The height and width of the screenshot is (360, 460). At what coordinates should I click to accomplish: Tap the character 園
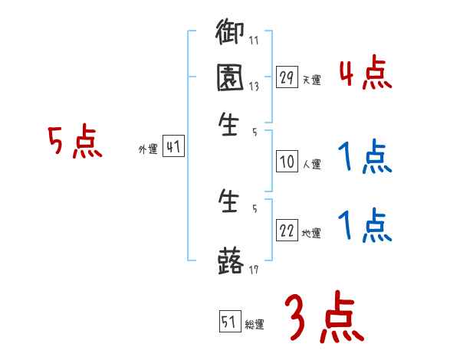pos(230,78)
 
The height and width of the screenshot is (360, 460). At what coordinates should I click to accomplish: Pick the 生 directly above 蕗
pos(230,204)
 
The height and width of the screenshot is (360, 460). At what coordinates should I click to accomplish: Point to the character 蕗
pos(230,261)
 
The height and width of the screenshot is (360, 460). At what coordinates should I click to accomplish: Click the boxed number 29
pos(287,77)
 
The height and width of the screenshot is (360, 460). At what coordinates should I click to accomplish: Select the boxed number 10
pos(287,162)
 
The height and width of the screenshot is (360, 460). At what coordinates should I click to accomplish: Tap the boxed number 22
pos(287,231)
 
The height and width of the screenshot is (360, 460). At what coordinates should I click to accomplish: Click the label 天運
pos(311,80)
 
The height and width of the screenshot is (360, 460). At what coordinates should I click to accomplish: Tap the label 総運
pos(255,325)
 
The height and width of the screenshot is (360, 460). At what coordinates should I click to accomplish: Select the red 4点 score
pos(365,74)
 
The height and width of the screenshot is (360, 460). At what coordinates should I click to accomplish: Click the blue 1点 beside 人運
pos(365,159)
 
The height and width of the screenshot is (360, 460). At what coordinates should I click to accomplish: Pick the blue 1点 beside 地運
pos(365,226)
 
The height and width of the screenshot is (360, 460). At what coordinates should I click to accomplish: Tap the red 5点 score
pos(74,142)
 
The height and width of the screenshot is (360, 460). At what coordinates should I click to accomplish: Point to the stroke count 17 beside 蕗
pos(254,270)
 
